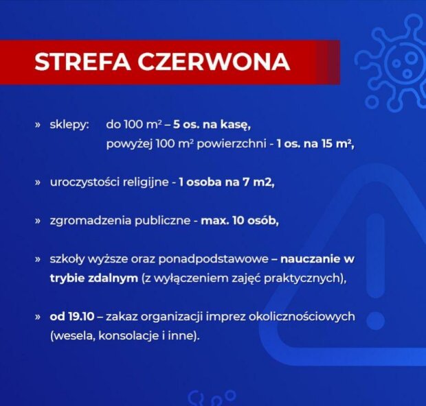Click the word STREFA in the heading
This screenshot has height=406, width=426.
pyautogui.click(x=82, y=62)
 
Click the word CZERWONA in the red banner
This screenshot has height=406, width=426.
pyautogui.click(x=214, y=62)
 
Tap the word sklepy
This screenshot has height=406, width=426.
pyautogui.click(x=69, y=125)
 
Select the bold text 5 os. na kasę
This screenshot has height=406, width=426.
pyautogui.click(x=212, y=125)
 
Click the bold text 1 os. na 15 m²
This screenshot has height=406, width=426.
pyautogui.click(x=315, y=144)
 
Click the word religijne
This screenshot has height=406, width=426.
pyautogui.click(x=146, y=183)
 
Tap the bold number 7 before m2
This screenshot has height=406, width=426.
pyautogui.click(x=246, y=182)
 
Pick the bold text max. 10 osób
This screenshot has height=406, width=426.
pyautogui.click(x=240, y=221)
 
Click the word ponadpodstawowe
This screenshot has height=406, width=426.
pyautogui.click(x=214, y=259)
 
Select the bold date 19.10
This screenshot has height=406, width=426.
pyautogui.click(x=81, y=317)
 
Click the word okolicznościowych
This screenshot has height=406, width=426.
pyautogui.click(x=302, y=317)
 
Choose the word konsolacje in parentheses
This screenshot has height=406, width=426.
pyautogui.click(x=128, y=336)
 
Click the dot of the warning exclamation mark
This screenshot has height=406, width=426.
pyautogui.click(x=377, y=321)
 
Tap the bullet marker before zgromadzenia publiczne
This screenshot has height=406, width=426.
pyautogui.click(x=38, y=222)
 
